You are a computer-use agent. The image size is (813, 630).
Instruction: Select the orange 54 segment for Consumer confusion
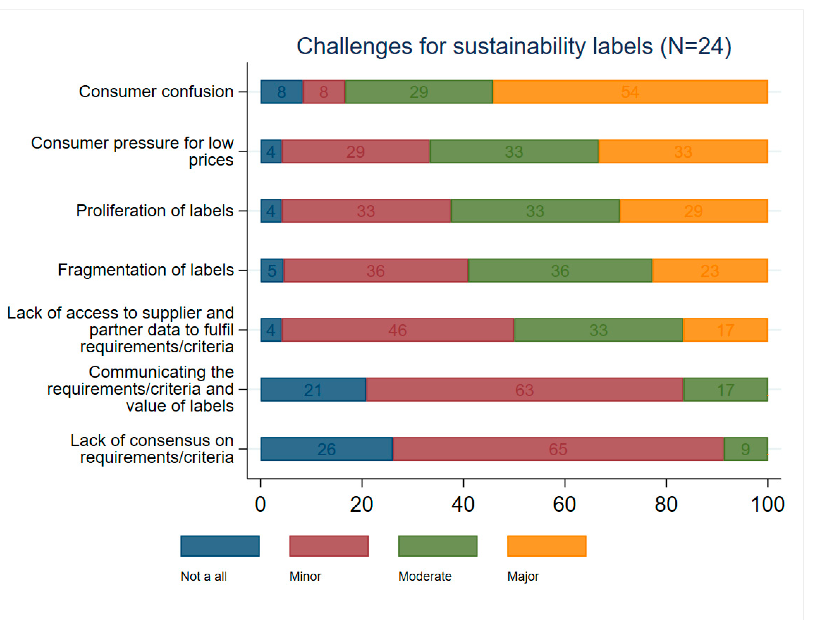pos(630,92)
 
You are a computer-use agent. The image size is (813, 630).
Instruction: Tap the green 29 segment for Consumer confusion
pos(419,92)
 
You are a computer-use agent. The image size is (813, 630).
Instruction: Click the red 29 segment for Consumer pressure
pos(355,151)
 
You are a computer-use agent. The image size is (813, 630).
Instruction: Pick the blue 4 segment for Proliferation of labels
pos(271,211)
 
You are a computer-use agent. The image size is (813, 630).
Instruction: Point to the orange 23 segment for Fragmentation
pos(710,271)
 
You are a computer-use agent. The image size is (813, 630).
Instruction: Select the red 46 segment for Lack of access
pos(397,330)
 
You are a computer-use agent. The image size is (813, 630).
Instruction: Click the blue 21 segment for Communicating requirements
pos(313,390)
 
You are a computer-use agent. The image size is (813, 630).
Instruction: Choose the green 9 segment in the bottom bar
pos(745,449)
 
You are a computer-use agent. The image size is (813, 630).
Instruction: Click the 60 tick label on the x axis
pos(564,505)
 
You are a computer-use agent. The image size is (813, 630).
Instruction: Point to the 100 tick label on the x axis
pos(768,505)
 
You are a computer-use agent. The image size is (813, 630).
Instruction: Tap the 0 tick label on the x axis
pos(261,505)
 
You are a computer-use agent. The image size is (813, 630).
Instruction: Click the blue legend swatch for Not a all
pos(220,546)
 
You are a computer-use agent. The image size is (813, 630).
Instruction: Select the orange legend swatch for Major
pos(547,546)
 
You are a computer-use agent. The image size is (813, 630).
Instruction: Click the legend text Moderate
pos(425,576)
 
